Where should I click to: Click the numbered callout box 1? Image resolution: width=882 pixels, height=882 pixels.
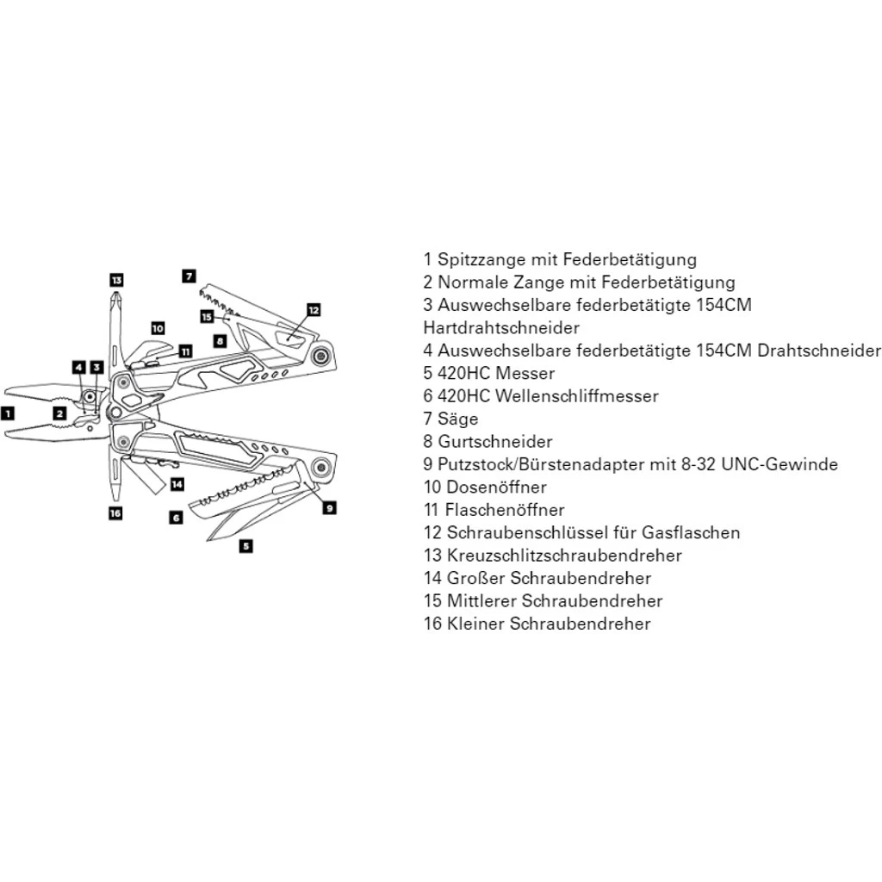[x=8, y=413]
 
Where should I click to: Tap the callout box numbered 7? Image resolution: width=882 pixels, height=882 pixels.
[x=189, y=276]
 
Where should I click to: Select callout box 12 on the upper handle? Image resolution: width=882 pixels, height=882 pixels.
[x=313, y=309]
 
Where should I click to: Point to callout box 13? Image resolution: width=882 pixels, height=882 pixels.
[x=116, y=279]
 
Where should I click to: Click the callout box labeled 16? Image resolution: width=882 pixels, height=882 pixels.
[x=115, y=513]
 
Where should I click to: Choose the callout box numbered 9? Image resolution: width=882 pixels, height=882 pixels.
[x=329, y=507]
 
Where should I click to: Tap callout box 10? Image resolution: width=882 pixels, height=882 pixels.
[x=157, y=327]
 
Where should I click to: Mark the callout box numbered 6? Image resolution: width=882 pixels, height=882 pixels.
[x=175, y=518]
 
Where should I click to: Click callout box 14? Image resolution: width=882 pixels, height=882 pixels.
[x=177, y=484]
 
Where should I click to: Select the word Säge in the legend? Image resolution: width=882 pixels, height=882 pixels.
[x=457, y=419]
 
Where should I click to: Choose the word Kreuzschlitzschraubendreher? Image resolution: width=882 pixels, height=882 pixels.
[x=564, y=556]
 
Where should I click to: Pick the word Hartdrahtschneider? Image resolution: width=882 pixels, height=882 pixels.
[x=501, y=328]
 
